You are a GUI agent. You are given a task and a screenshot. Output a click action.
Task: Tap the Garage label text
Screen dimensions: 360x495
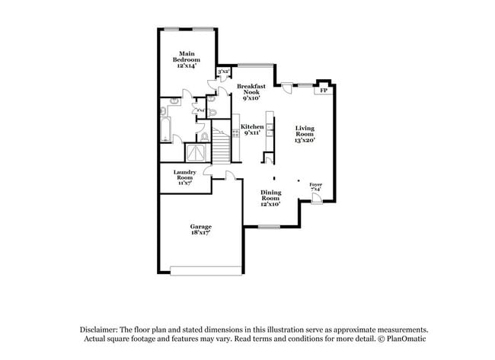[200, 230]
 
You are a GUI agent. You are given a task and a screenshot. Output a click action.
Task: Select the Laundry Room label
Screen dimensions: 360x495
[185, 176]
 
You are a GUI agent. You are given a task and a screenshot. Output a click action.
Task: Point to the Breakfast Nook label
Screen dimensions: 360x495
[252, 91]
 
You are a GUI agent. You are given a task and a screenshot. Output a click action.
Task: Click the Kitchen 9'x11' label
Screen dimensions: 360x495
[253, 129]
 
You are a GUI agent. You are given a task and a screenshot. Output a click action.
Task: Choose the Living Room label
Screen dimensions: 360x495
[305, 134]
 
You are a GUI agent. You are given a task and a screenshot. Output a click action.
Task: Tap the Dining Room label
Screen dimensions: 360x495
[271, 198]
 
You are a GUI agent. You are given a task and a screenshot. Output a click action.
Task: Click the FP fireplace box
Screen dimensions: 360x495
[324, 90]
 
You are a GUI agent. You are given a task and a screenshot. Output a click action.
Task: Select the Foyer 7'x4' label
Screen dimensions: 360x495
[315, 186]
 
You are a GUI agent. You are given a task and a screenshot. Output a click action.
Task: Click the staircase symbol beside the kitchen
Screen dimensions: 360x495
[221, 145]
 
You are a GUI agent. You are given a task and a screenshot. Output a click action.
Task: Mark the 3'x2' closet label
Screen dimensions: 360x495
[224, 72]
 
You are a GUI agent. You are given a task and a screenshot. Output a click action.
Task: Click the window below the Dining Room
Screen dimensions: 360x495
[268, 226]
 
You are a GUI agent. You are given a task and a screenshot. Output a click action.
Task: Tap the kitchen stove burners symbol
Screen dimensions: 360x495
[235, 130]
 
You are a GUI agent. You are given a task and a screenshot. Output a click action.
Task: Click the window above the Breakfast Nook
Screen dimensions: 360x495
[254, 64]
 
